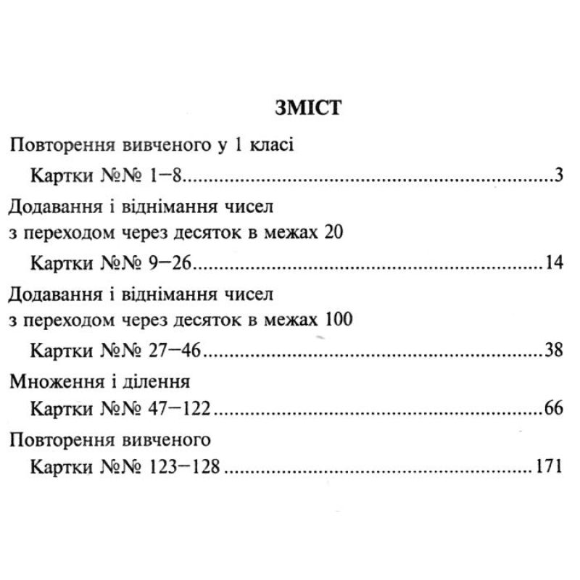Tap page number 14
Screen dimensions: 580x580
555,262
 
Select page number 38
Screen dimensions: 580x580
554,351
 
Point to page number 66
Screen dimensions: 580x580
554,408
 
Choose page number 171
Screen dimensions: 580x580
550,466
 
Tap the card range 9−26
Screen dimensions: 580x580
172,262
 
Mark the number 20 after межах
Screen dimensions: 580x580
332,233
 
